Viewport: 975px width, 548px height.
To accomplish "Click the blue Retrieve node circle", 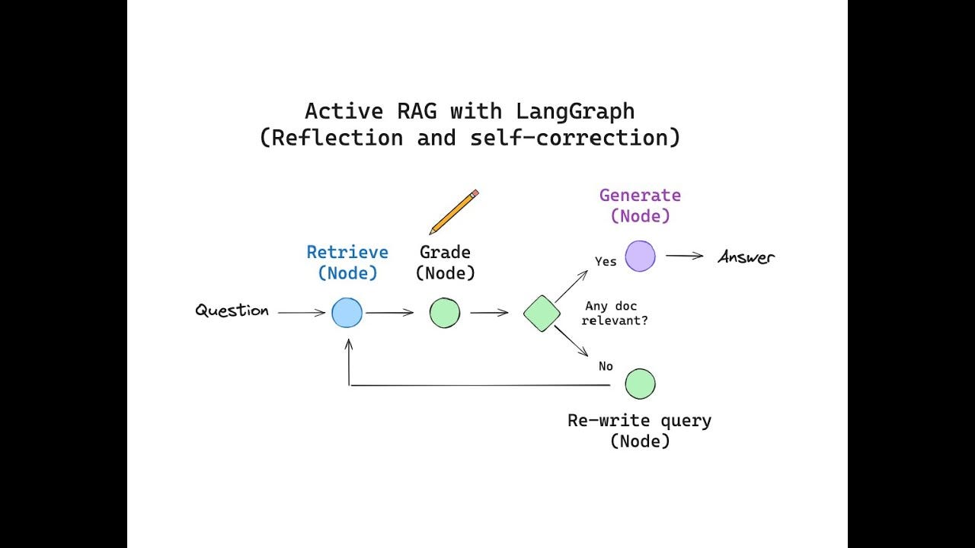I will pos(347,312).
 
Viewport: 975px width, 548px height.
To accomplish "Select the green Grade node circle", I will pos(445,313).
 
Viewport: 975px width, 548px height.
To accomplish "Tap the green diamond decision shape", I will pos(542,314).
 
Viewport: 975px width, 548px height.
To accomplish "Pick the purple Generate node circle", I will pos(640,256).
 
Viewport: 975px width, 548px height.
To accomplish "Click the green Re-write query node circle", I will pos(640,384).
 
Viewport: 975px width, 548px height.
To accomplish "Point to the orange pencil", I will pos(454,212).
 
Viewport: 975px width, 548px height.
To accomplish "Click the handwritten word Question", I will pos(232,311).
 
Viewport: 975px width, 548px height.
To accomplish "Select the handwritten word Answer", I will pos(746,257).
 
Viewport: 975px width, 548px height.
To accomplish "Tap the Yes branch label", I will pos(606,262).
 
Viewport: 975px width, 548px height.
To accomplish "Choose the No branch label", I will pos(606,366).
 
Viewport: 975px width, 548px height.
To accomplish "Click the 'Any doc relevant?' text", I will pos(614,314).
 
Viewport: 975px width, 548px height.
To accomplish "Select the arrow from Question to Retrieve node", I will pos(301,312).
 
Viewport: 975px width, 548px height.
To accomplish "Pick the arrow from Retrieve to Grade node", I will pos(388,312).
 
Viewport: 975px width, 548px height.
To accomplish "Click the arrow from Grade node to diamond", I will pos(489,312).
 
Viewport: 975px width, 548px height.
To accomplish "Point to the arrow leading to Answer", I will pos(684,256).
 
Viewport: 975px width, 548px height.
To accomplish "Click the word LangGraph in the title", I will pos(575,111).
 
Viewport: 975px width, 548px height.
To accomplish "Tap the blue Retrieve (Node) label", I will pos(347,262).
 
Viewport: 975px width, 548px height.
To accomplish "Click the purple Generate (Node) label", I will pos(640,205).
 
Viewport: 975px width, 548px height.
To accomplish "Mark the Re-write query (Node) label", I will pos(640,430).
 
